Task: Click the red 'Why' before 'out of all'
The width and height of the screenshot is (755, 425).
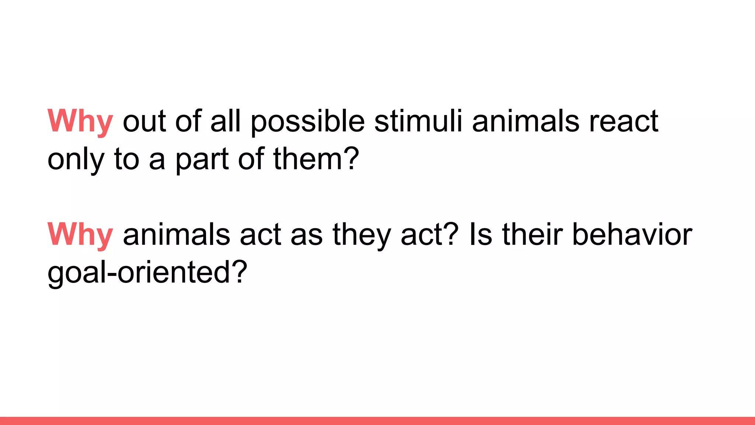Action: tap(80, 121)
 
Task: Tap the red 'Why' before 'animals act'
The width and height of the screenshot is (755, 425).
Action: tap(80, 235)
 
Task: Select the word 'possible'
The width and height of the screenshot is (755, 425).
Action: tap(308, 121)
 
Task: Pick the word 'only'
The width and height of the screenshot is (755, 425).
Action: tap(76, 160)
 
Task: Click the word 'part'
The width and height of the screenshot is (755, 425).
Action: tap(202, 160)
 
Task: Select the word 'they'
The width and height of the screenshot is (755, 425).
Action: tap(361, 235)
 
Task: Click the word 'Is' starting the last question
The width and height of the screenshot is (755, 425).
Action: tap(481, 235)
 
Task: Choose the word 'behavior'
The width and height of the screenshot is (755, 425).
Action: tap(632, 235)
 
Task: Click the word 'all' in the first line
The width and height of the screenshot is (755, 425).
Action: tap(225, 121)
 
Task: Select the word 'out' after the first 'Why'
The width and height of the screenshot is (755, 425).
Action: tap(144, 122)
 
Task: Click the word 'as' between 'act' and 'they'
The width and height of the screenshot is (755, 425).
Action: tap(306, 235)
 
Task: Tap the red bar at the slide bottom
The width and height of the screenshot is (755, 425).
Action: tap(377, 421)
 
